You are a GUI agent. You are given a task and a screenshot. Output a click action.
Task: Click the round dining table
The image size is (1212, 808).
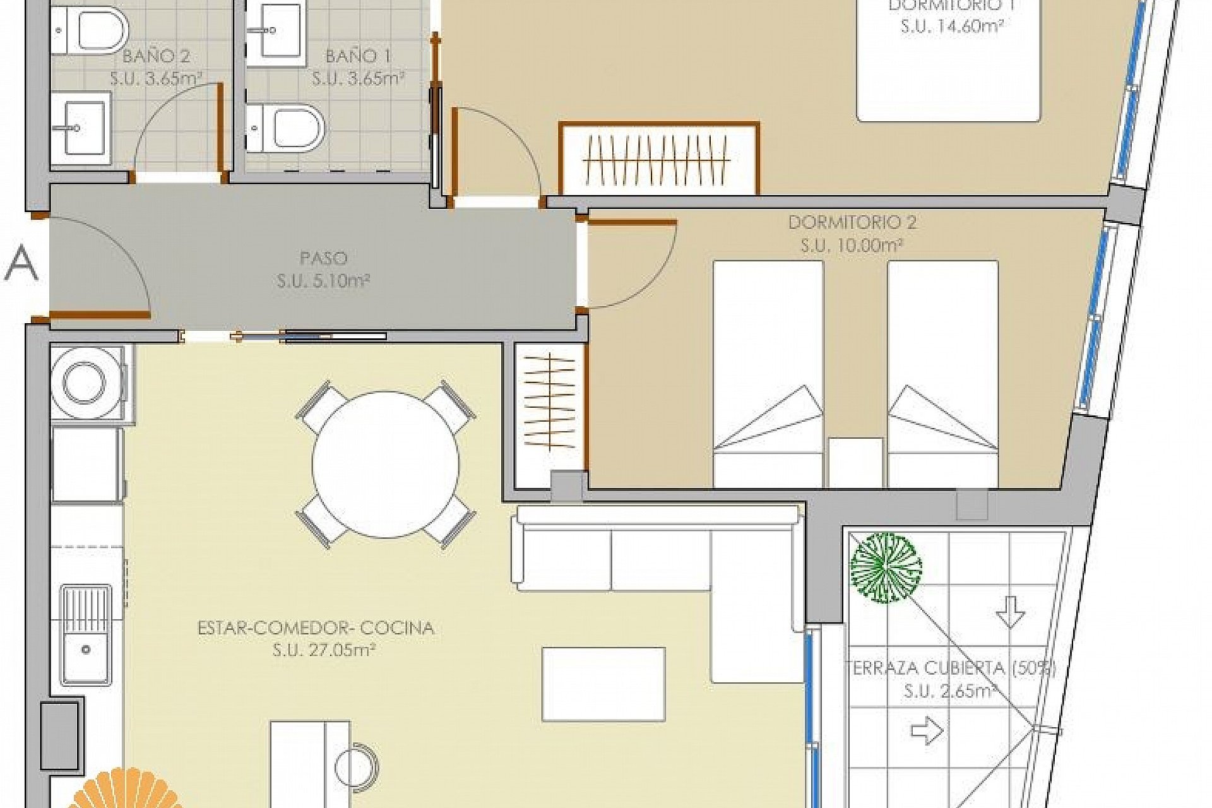point(386,464)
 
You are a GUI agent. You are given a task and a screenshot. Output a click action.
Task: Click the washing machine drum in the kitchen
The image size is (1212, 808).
point(84,383)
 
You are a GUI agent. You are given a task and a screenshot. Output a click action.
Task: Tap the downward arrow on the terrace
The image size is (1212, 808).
point(1011,612)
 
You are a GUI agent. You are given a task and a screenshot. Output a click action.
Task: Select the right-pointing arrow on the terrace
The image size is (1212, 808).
point(927,731)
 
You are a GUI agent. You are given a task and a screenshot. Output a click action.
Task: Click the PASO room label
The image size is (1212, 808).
point(323,258)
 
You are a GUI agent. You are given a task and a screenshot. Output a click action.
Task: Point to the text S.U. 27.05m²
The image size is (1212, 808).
point(324,650)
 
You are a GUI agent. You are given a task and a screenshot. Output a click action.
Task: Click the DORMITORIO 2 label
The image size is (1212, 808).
point(852,222)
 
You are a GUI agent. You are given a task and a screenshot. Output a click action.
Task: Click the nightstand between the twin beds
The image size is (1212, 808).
point(855,463)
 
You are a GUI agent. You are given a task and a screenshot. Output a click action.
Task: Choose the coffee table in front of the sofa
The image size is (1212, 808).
point(603,684)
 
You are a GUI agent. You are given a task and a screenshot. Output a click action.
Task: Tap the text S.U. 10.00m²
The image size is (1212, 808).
point(852,245)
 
